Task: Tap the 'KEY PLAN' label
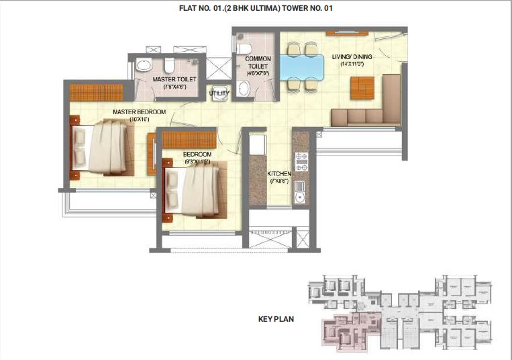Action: [276, 319]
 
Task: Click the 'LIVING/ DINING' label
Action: [352, 56]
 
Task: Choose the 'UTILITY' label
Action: [219, 93]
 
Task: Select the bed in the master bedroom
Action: [103, 146]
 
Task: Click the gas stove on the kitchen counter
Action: [301, 162]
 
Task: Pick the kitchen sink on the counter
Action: [300, 197]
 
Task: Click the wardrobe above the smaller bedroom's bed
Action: [189, 140]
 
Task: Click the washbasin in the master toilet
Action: [144, 66]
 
